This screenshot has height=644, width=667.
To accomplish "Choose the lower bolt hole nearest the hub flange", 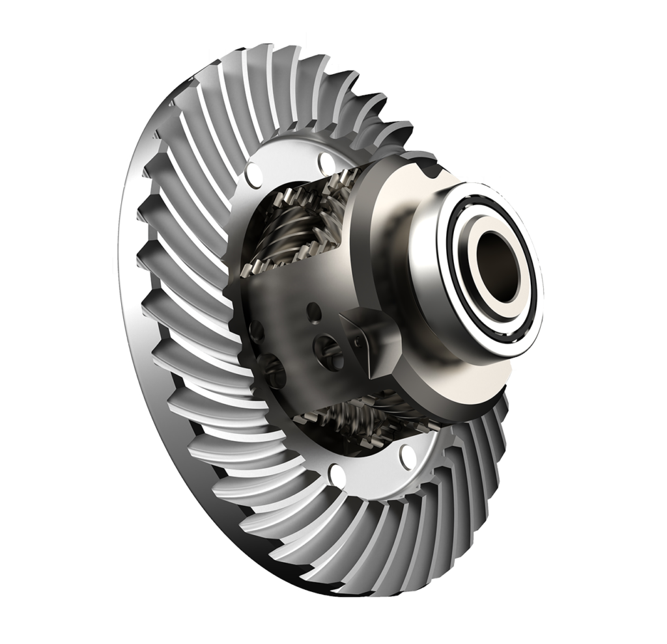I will click(408, 451).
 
